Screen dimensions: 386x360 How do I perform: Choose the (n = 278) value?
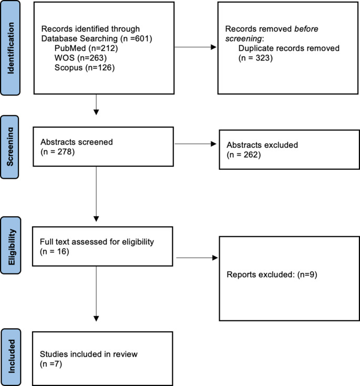pyautogui.click(x=55, y=151)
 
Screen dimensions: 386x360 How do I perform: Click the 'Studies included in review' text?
pyautogui.click(x=88, y=354)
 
